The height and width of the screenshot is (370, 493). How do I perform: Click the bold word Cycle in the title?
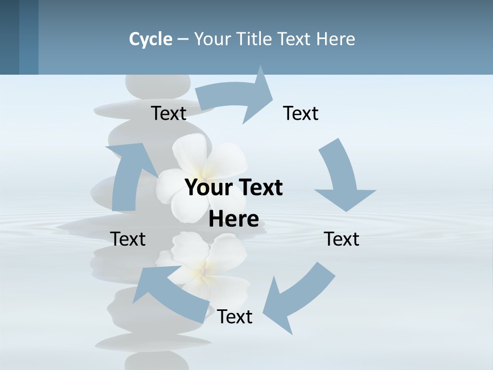150,39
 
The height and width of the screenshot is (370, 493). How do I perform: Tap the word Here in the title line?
335,39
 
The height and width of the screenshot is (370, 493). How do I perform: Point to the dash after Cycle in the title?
183,39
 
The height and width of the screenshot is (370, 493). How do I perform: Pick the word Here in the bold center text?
234,219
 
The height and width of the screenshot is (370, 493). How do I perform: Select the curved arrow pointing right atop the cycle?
236,98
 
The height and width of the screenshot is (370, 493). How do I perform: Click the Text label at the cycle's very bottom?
235,317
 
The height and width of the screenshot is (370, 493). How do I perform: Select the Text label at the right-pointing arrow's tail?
168,114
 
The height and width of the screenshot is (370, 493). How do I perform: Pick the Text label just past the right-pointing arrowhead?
301,114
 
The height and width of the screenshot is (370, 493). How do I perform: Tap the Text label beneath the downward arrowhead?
342,239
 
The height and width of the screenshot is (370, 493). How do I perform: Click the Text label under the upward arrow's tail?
128,239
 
